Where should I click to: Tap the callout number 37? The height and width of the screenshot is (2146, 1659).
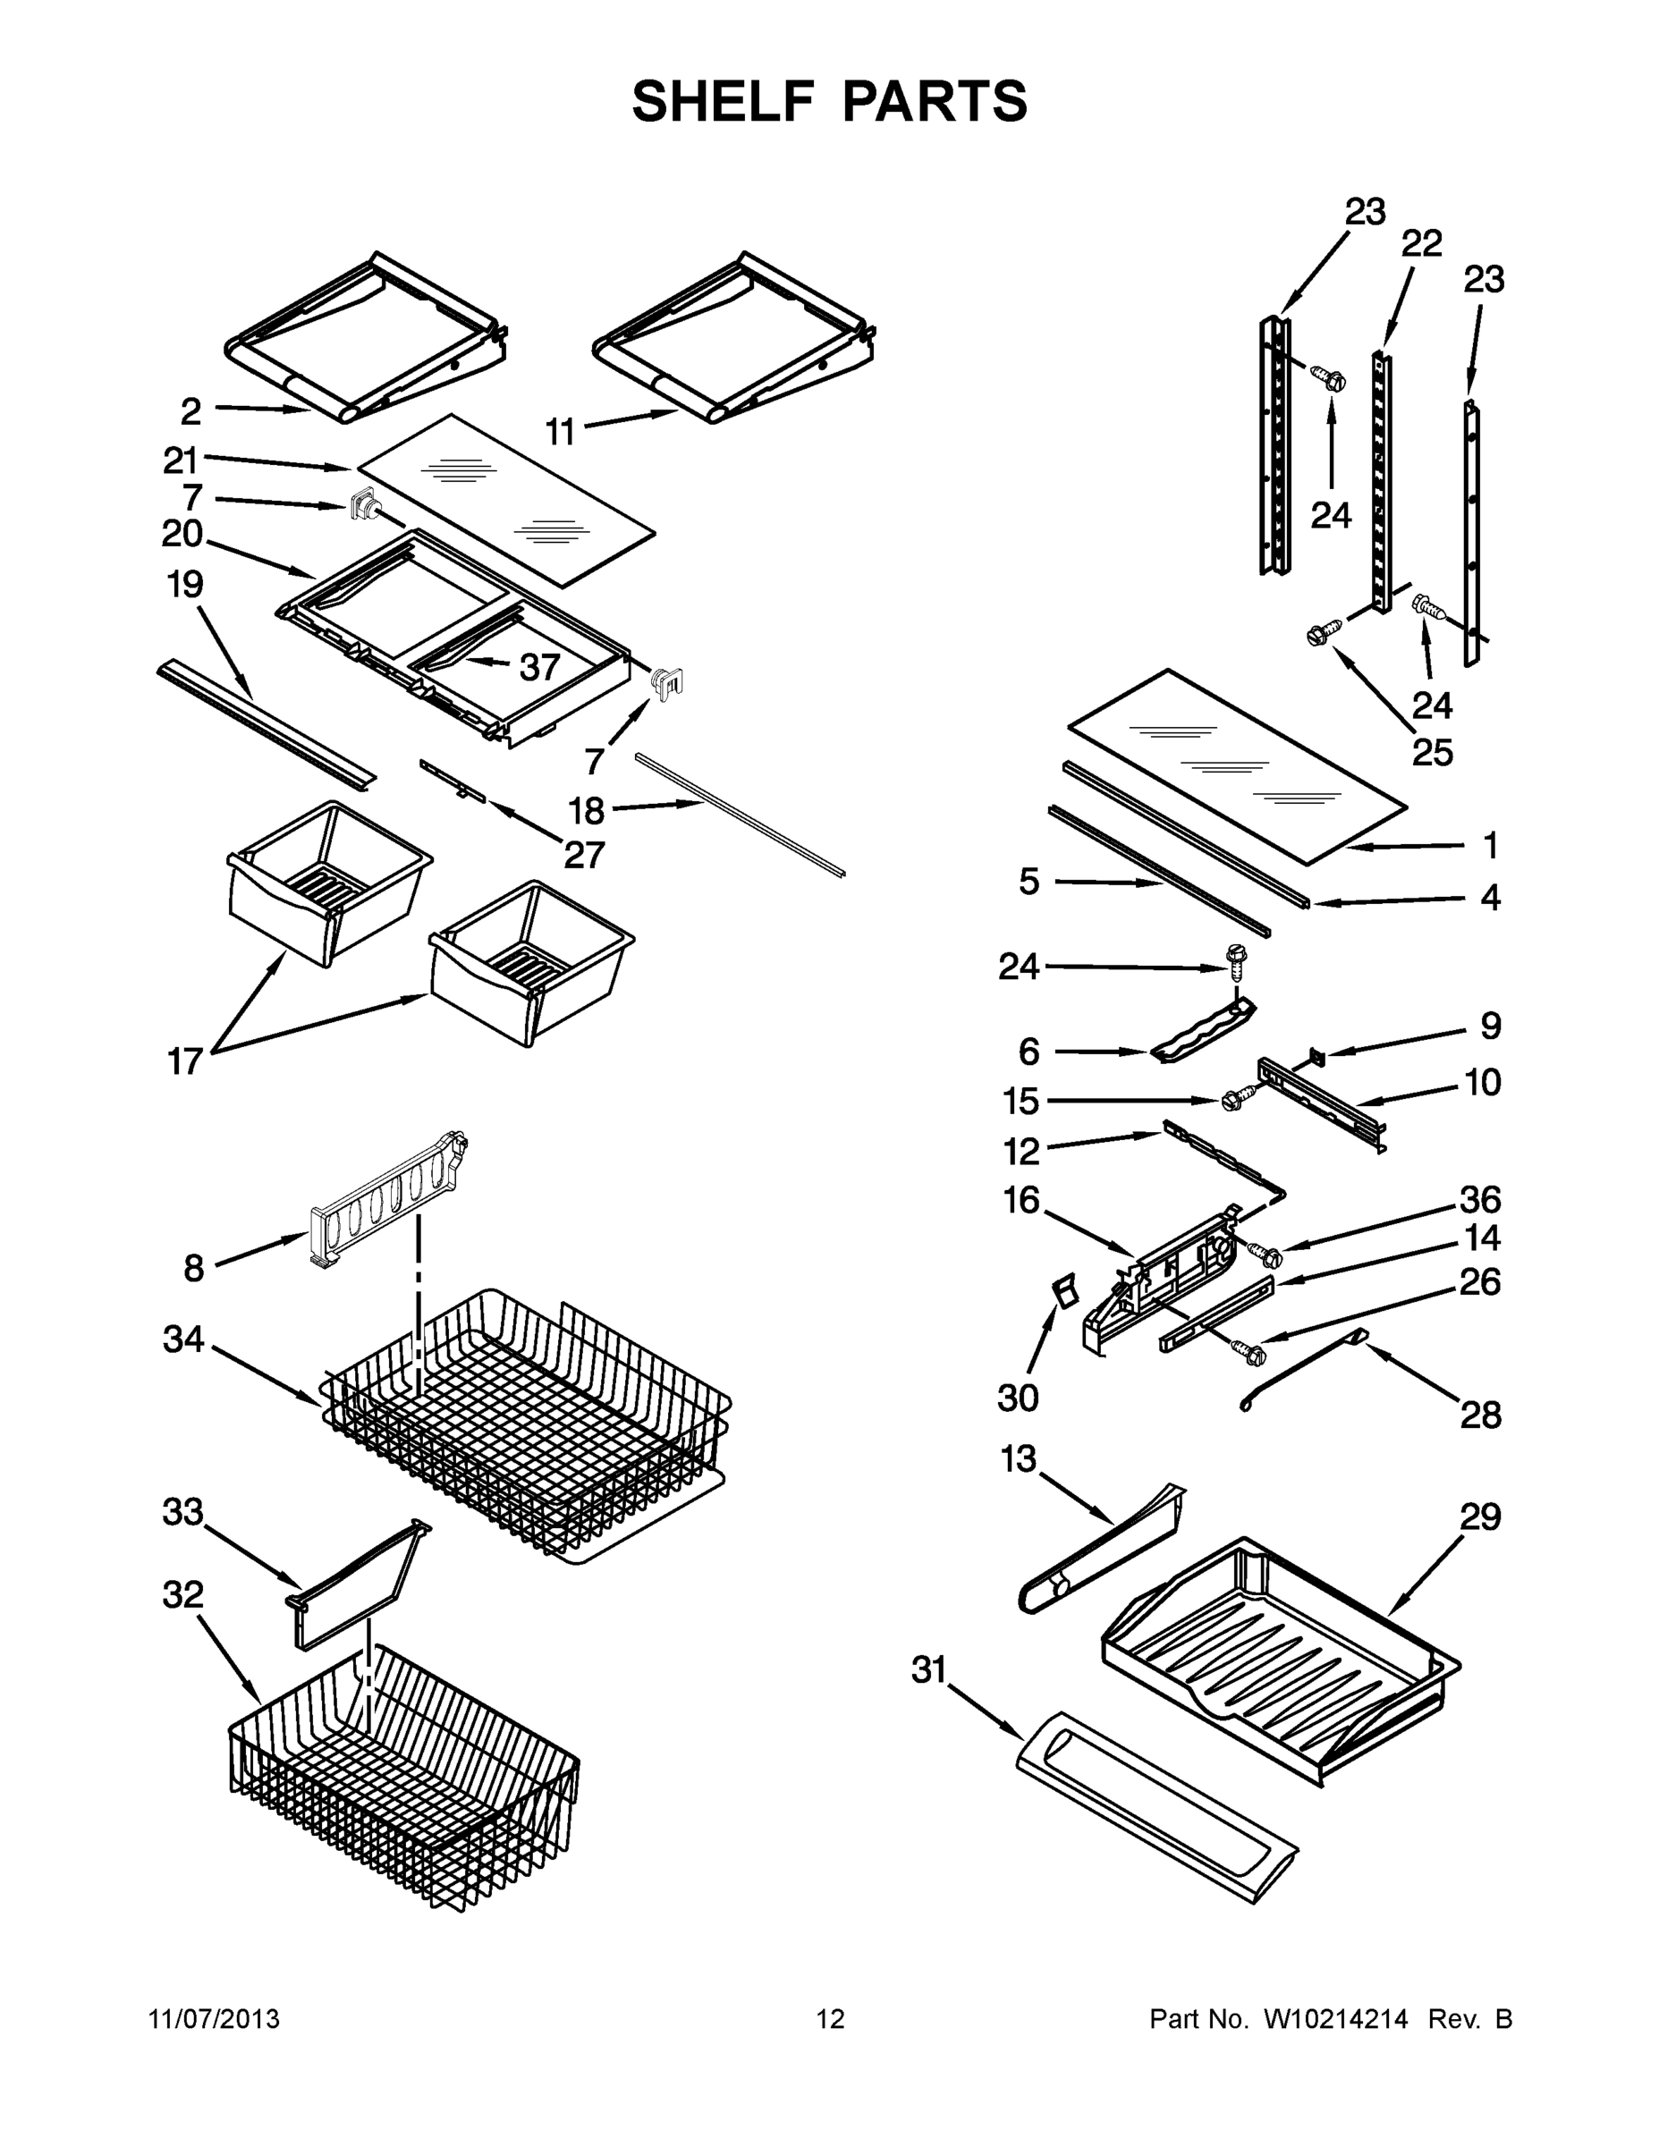click(539, 667)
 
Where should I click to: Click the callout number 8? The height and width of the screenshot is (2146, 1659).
click(193, 1269)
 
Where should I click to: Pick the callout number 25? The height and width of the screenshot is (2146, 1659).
click(1432, 752)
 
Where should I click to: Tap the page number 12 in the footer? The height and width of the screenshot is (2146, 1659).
click(831, 2019)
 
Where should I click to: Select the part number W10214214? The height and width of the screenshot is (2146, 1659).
click(1334, 2019)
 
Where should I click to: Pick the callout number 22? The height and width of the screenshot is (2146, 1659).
click(1421, 242)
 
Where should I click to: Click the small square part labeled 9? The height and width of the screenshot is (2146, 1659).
click(1318, 1056)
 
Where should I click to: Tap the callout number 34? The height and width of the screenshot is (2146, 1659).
click(184, 1339)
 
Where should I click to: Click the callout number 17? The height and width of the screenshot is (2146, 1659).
click(185, 1061)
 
